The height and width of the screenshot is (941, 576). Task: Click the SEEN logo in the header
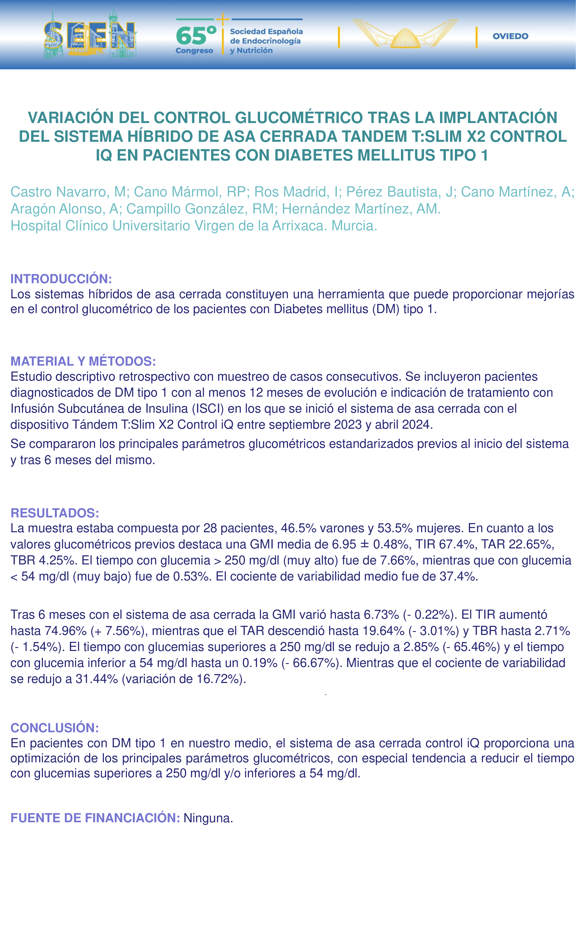(90, 35)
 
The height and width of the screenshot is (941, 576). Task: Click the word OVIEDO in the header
(510, 36)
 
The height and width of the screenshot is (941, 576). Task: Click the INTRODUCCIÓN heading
(61, 279)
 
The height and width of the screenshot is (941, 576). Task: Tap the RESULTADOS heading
(55, 513)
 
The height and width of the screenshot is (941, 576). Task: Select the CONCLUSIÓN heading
(55, 728)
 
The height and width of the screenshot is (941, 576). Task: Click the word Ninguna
(208, 818)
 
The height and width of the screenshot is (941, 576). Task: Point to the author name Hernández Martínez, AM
(361, 209)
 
